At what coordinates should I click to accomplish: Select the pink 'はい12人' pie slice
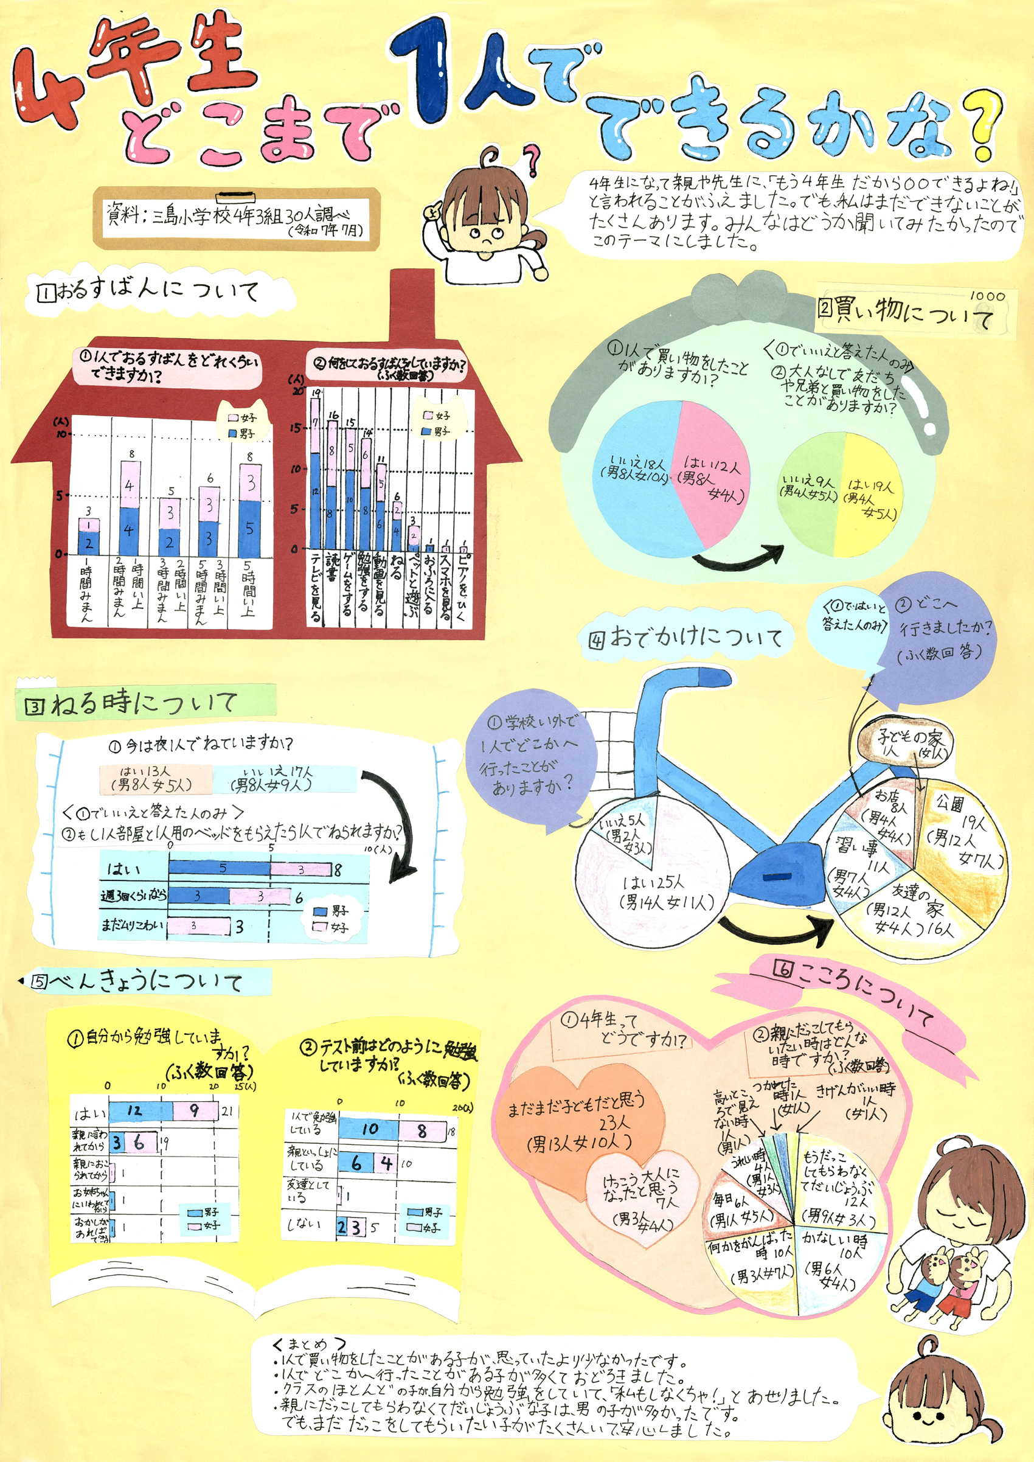point(707,465)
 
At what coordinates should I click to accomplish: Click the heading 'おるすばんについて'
point(150,290)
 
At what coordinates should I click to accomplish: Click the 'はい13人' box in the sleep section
point(155,779)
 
